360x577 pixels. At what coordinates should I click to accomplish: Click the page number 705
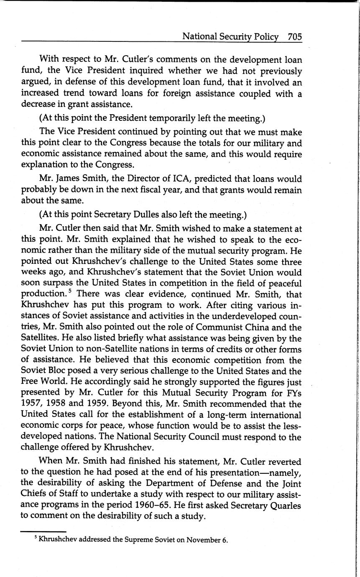point(294,37)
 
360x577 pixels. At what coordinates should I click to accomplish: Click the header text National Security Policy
point(230,37)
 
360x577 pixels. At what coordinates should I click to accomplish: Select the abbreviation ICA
point(182,179)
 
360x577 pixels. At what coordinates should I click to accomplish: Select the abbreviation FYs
point(293,393)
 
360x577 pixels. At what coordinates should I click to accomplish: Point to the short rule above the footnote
point(43,531)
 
